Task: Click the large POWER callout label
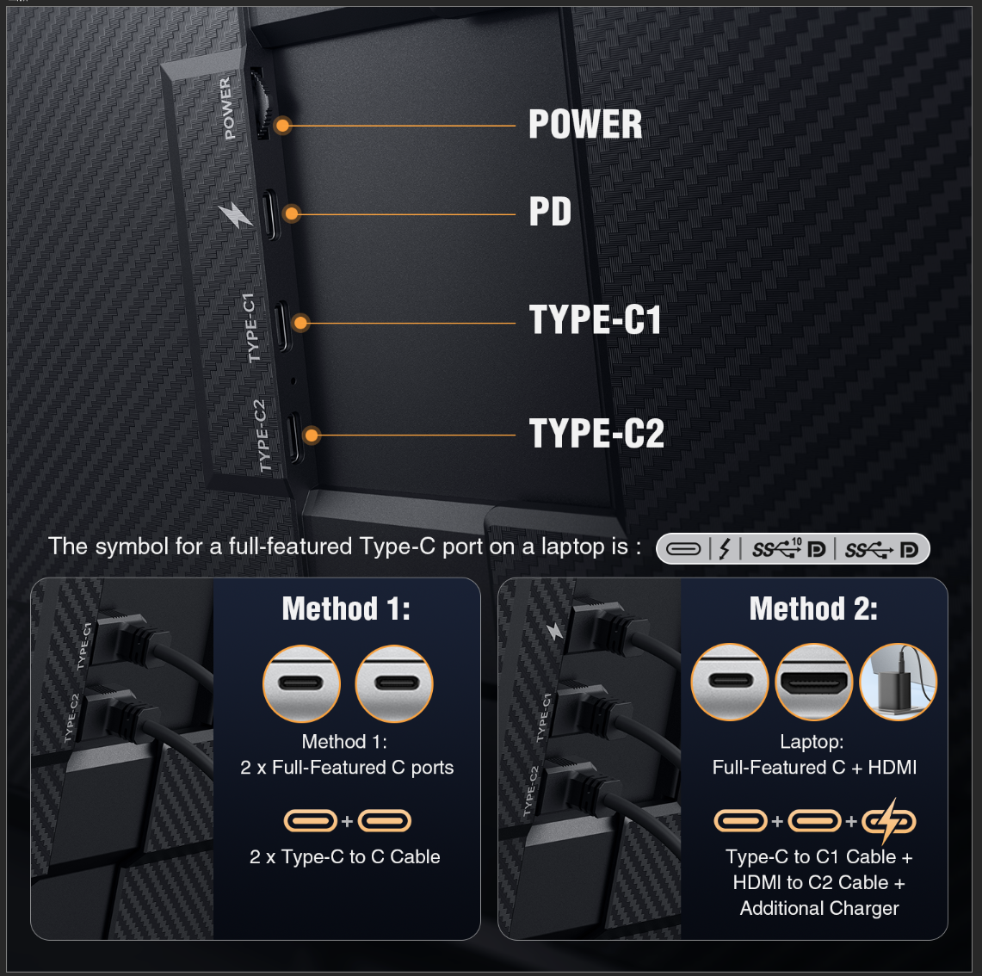[x=585, y=125]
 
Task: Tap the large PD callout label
[x=550, y=212]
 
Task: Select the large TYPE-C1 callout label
[x=595, y=320]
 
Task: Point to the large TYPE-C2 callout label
[x=596, y=433]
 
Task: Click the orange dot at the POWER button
[x=282, y=126]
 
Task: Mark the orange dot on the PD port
[x=292, y=213]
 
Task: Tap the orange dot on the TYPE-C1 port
[x=300, y=323]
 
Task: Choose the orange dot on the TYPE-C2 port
[x=312, y=435]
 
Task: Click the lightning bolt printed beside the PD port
[x=234, y=214]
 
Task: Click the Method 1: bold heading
[x=346, y=609]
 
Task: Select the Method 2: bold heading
[x=813, y=609]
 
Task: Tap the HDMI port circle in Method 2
[x=813, y=683]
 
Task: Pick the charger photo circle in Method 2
[x=898, y=683]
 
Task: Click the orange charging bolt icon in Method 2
[x=889, y=821]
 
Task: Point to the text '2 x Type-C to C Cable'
[x=344, y=857]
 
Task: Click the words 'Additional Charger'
[x=819, y=909]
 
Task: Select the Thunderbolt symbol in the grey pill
[x=725, y=549]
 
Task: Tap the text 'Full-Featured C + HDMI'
[x=814, y=768]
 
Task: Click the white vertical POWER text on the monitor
[x=226, y=108]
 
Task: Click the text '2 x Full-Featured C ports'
[x=347, y=768]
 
